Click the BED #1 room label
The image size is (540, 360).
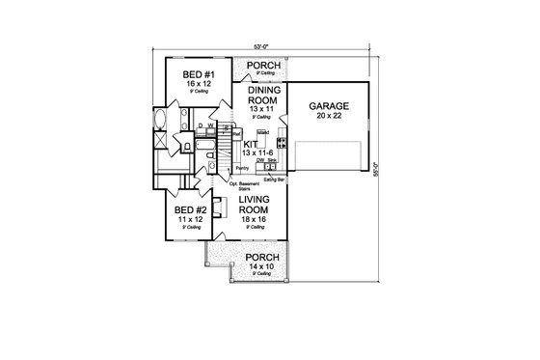click(x=192, y=74)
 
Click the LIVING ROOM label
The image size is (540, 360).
click(x=260, y=204)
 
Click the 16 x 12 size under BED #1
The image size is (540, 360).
click(x=192, y=84)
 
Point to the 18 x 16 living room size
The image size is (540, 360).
click(x=260, y=220)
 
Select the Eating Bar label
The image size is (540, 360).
click(x=273, y=177)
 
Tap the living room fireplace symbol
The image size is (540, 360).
click(x=217, y=208)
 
